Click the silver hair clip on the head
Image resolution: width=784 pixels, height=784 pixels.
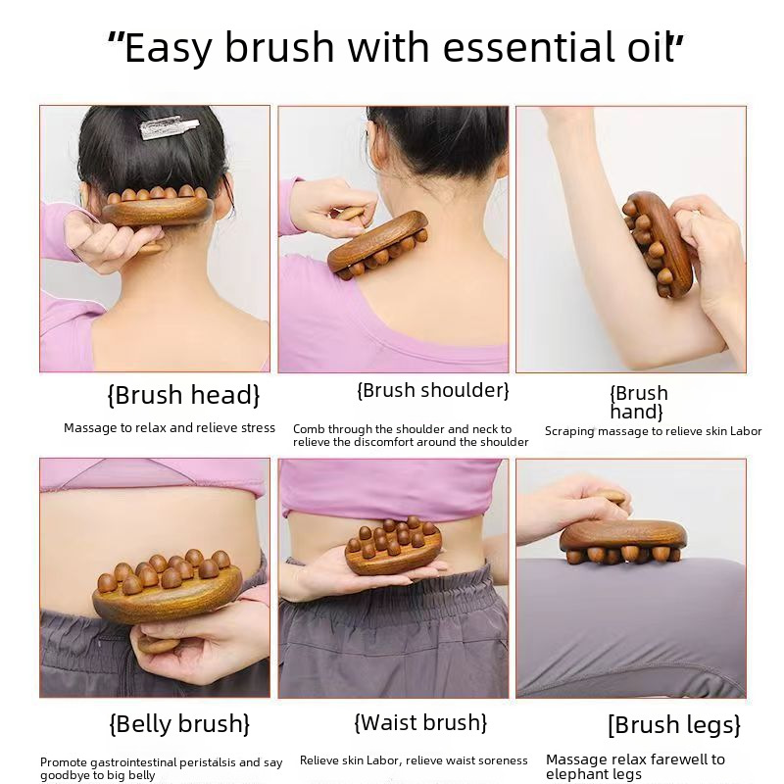160,127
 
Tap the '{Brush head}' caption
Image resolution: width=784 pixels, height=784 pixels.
183,395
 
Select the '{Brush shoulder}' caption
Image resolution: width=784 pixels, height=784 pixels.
432,390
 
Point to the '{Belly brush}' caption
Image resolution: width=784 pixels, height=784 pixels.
179,723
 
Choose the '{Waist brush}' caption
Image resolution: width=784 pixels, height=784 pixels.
420,722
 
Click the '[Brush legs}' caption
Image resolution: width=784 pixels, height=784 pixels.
674,724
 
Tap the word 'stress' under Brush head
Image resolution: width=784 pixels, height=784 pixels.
258,428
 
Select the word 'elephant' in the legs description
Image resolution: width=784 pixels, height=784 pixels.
568,774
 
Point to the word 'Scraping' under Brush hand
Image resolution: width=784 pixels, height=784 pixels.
569,431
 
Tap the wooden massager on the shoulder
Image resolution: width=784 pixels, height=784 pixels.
378,246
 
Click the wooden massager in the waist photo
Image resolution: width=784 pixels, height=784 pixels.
393,546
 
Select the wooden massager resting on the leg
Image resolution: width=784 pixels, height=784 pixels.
623,542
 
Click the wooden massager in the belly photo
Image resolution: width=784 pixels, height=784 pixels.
167,586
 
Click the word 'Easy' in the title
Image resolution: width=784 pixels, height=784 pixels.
168,48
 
